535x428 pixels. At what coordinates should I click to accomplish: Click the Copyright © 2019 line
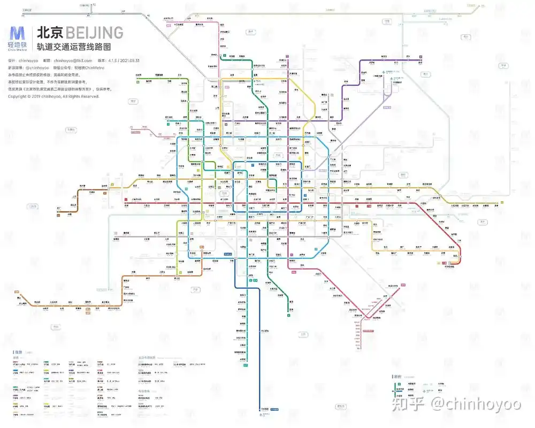pyautogui.click(x=53, y=97)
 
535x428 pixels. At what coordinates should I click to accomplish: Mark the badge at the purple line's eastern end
pyautogui.click(x=422, y=56)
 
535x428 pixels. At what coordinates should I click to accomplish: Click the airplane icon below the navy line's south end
pyautogui.click(x=261, y=415)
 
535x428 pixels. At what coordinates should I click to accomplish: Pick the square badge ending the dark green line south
pyautogui.click(x=289, y=316)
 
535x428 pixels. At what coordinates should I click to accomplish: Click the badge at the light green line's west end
pyautogui.click(x=137, y=82)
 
